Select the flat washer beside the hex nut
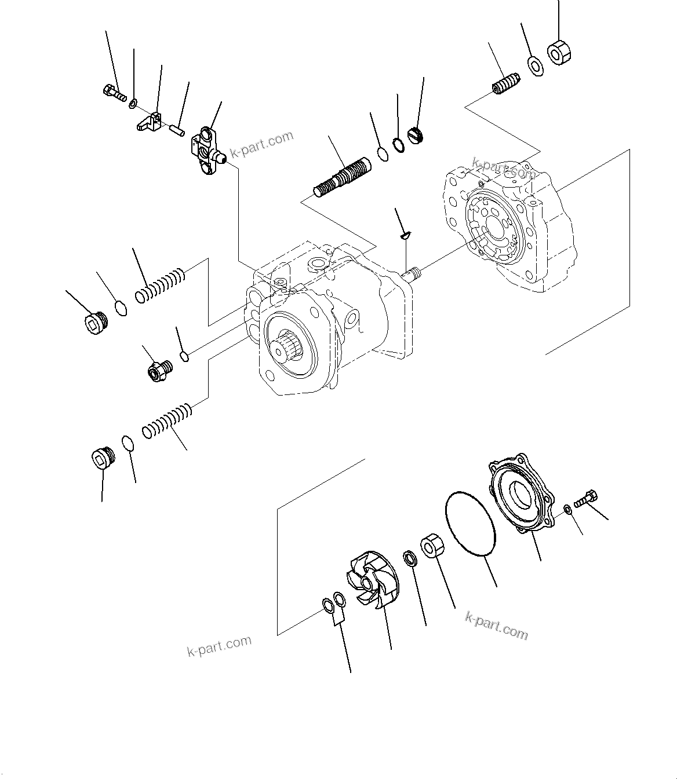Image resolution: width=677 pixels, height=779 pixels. pos(535,66)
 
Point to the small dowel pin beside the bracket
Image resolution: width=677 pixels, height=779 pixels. pos(177,129)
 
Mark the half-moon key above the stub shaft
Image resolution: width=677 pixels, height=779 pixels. pos(406,235)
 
